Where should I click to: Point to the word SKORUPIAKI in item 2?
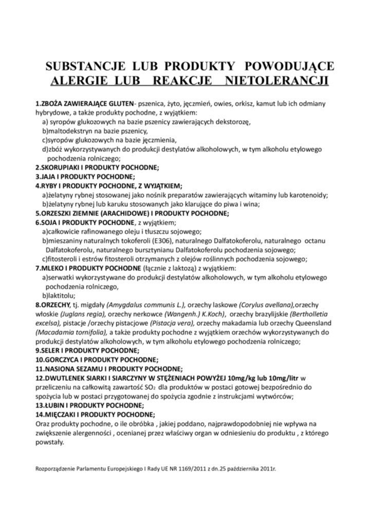[x=61, y=167]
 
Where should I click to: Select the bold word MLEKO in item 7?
[x=52, y=268]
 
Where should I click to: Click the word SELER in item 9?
[x=51, y=351]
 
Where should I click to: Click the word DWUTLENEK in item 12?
[x=64, y=378]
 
